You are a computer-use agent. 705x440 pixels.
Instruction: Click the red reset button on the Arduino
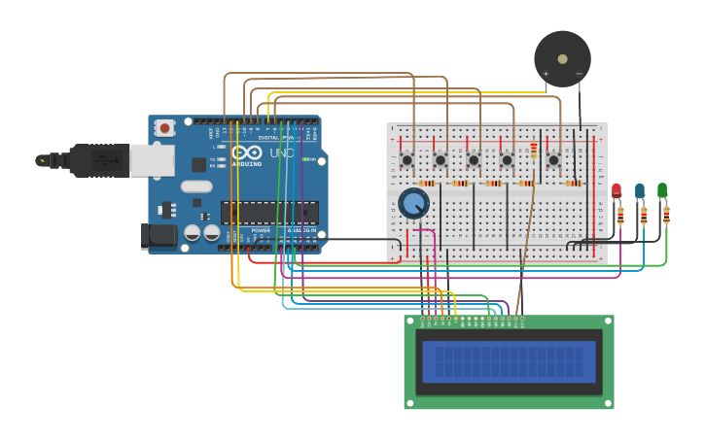164,127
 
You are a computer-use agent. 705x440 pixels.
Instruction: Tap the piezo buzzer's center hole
562,59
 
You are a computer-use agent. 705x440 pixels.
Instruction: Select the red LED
617,190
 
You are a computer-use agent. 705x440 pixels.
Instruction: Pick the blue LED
640,190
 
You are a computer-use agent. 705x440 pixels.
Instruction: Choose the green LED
662,190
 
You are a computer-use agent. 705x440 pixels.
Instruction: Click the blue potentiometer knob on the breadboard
414,203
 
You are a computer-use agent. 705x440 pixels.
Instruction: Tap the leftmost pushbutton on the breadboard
407,159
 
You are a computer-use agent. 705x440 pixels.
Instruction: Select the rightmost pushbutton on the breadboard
553,159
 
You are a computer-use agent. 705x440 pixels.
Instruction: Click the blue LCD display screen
509,360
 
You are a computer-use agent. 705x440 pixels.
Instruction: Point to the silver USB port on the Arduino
151,159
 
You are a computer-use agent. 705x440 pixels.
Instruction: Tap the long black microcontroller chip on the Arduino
269,213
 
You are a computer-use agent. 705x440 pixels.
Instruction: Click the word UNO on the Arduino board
281,153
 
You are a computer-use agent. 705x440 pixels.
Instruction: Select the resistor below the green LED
666,215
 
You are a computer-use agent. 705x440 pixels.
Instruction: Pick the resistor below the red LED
620,215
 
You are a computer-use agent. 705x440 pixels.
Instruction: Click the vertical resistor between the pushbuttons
533,150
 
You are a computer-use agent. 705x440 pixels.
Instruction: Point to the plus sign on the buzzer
546,74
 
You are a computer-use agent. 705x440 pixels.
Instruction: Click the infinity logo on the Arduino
246,152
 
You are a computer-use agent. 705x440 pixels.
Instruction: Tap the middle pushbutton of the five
474,159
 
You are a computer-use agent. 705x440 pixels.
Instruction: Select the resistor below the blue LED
643,215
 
